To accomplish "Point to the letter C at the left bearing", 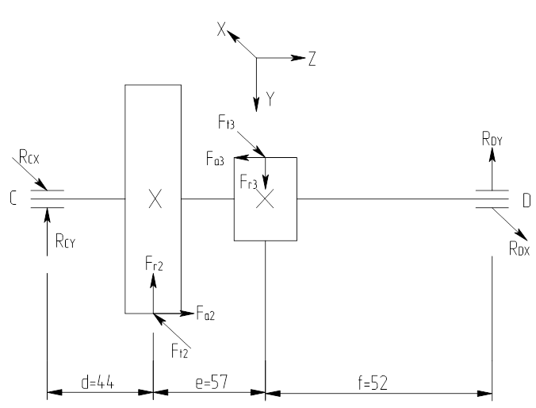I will (13, 199).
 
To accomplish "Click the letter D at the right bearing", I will (526, 201).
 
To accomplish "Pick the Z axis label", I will (312, 59).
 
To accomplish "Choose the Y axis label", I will (270, 99).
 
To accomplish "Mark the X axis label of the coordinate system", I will (222, 29).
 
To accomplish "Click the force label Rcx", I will (29, 158).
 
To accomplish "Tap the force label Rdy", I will (492, 140).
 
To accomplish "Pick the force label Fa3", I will (215, 160).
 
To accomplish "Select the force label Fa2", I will (205, 315).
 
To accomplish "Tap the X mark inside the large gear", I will (155, 199).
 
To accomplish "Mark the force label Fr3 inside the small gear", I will (249, 182).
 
